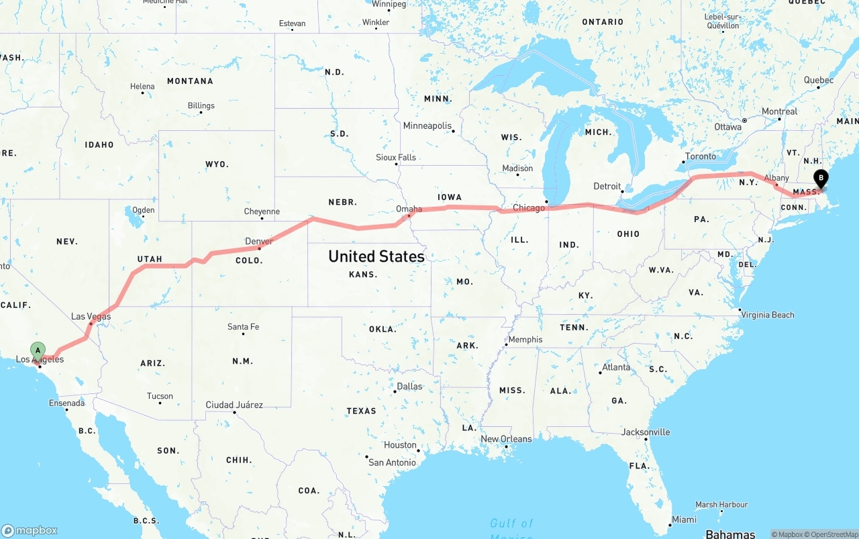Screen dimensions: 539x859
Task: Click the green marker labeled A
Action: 38,350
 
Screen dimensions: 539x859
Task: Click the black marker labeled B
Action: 820,179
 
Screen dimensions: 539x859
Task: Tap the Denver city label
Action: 259,242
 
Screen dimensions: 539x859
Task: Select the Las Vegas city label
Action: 91,316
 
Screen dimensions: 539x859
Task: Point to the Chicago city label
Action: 529,208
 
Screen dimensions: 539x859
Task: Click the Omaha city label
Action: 409,209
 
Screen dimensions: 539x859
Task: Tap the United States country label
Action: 376,256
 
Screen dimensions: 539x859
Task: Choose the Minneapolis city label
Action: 427,126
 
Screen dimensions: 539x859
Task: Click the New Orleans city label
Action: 506,439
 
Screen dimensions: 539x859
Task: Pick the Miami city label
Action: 685,520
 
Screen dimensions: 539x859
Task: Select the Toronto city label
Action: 700,157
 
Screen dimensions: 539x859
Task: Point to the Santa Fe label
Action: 243,327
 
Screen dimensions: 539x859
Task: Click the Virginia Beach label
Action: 768,315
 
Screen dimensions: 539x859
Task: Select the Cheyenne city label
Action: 262,211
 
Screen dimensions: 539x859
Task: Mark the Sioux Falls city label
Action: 396,158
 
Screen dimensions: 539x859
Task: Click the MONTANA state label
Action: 190,81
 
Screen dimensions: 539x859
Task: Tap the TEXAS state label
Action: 362,411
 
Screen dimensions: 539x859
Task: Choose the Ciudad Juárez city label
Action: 234,405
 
